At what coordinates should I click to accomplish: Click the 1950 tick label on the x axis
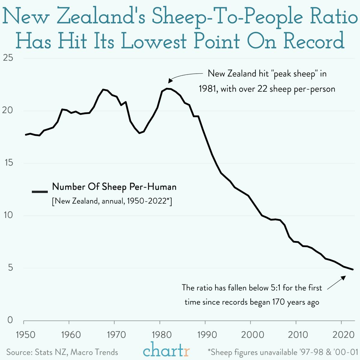pyautogui.click(x=26, y=334)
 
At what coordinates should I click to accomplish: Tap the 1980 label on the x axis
pyautogui.click(x=162, y=334)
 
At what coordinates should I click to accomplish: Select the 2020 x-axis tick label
pyautogui.click(x=342, y=334)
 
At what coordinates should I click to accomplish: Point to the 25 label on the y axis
pyautogui.click(x=8, y=58)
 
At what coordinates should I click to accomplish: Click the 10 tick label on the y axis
pyautogui.click(x=8, y=215)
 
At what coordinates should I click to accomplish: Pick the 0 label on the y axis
pyautogui.click(x=10, y=320)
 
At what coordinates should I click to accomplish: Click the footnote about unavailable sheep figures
pyautogui.click(x=283, y=352)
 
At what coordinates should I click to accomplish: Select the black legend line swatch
pyautogui.click(x=40, y=191)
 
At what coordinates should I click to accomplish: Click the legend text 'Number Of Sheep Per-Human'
pyautogui.click(x=114, y=187)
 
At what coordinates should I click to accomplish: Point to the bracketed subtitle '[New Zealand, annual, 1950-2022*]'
pyautogui.click(x=112, y=201)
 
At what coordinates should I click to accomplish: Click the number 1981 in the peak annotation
pyautogui.click(x=208, y=89)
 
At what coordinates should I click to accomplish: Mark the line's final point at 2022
pyautogui.click(x=353, y=270)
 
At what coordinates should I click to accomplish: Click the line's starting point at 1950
pyautogui.click(x=26, y=135)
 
